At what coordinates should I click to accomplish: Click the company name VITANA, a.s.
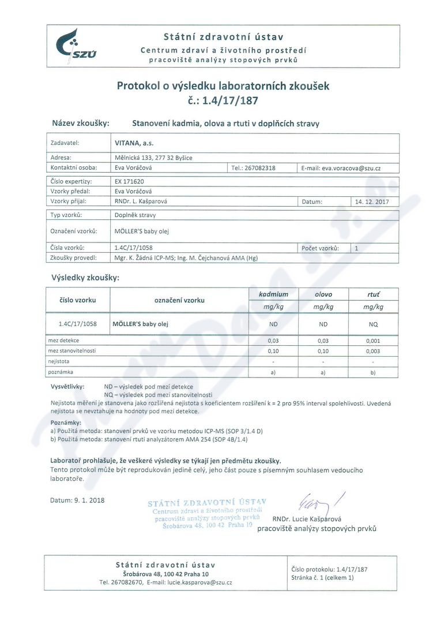coord(131,143)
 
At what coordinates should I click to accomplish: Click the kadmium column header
coord(273,294)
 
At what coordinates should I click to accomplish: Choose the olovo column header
coord(323,294)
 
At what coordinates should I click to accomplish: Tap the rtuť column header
coord(373,294)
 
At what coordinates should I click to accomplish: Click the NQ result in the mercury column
coord(373,324)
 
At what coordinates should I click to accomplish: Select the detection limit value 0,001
coord(373,341)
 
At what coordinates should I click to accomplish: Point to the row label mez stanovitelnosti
coord(72,351)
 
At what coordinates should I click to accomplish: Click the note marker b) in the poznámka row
coord(373,372)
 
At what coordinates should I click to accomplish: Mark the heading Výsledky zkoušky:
coord(85,278)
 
